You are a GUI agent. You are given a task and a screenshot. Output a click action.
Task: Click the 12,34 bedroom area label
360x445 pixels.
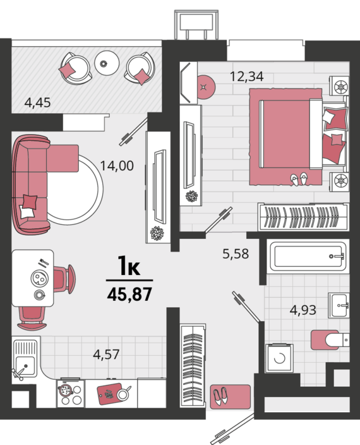(246, 77)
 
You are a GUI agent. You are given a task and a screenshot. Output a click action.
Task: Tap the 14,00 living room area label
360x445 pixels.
(117, 166)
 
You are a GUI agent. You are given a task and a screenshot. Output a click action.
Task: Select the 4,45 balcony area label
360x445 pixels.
(37, 101)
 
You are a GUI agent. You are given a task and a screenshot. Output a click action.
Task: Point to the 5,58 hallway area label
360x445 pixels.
(235, 254)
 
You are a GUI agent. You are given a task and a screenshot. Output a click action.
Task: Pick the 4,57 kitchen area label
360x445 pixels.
(106, 355)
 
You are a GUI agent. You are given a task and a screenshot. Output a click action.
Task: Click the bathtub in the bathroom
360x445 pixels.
(308, 256)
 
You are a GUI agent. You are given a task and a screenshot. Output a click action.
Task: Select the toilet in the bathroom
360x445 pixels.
(328, 340)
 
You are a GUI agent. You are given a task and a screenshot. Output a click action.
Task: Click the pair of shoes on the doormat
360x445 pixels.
(222, 397)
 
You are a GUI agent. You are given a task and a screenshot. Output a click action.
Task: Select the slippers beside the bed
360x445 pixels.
(299, 179)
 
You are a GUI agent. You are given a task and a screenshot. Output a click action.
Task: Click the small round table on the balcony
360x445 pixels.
(107, 62)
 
